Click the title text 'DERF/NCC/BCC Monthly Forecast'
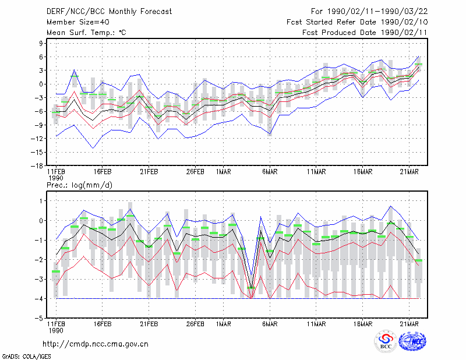pos(109,12)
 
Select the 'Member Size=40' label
pos(78,22)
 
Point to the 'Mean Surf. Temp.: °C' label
pos(86,33)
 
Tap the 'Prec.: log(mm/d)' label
pos(79,185)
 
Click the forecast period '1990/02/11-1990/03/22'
pos(377,12)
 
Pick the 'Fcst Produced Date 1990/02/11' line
pos(365,33)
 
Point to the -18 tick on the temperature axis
pos(37,165)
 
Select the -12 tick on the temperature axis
pos(37,139)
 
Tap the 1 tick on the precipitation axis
pos(41,201)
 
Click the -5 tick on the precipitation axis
pos(39,318)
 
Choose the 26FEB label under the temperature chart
pos(195,172)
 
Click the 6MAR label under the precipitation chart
pos(270,324)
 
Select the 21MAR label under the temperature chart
pos(409,172)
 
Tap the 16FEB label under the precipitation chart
pos(103,324)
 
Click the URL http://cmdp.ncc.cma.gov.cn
pos(96,344)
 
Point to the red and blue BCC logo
pos(386,341)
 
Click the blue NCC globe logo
pos(412,341)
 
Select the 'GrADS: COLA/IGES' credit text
pos(26,357)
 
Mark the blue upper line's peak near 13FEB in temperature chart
pos(75,70)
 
